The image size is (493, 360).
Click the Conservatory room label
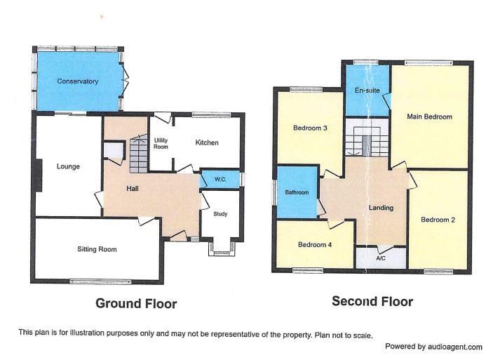tap(77, 81)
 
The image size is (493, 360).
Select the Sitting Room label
tap(97, 249)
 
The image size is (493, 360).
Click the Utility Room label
tap(161, 143)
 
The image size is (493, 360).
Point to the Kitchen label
tap(207, 143)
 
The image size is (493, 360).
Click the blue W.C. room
tap(220, 180)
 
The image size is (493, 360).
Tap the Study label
tap(220, 215)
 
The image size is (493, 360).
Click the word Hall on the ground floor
tap(133, 189)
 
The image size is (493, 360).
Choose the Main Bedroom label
tap(429, 116)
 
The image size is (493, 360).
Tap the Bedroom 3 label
tap(309, 128)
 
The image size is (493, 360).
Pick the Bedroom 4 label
tap(313, 245)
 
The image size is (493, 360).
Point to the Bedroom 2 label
tap(438, 220)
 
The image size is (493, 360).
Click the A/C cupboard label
tap(381, 258)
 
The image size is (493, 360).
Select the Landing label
tap(381, 208)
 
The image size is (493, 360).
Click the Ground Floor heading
tap(136, 304)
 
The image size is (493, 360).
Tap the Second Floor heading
tap(372, 302)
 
